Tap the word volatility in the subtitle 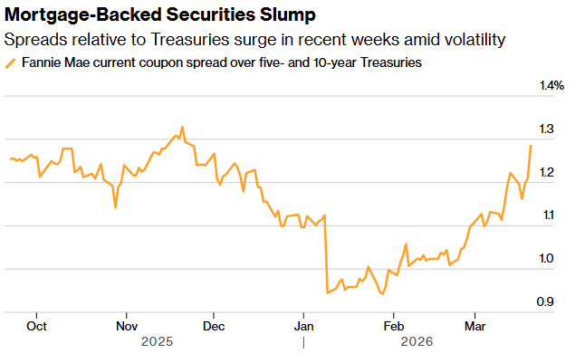pyautogui.click(x=468, y=41)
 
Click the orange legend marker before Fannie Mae pyautogui.click(x=11, y=63)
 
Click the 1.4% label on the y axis pyautogui.click(x=551, y=86)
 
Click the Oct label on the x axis pyautogui.click(x=37, y=325)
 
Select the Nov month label pyautogui.click(x=127, y=325)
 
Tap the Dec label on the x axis pyautogui.click(x=214, y=325)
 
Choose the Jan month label pyautogui.click(x=304, y=325)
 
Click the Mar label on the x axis pyautogui.click(x=475, y=325)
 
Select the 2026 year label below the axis pyautogui.click(x=417, y=342)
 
